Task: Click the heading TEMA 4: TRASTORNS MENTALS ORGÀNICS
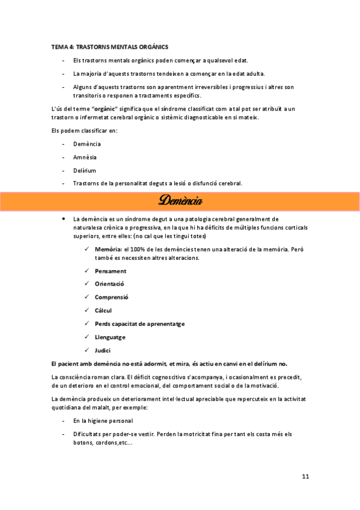point(109,46)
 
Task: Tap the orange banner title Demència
point(180,201)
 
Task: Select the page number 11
point(305,476)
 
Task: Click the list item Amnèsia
point(85,157)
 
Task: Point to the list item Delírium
point(84,170)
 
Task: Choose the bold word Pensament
point(111,271)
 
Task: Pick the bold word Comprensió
point(112,297)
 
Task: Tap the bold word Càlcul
point(103,310)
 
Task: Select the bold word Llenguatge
point(110,337)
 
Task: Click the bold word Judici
point(103,350)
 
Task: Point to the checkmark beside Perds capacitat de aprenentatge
point(88,324)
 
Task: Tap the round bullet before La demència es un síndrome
point(64,219)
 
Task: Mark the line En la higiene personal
point(103,420)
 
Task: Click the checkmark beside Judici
point(88,350)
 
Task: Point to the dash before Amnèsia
point(64,157)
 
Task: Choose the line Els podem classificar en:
point(84,131)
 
